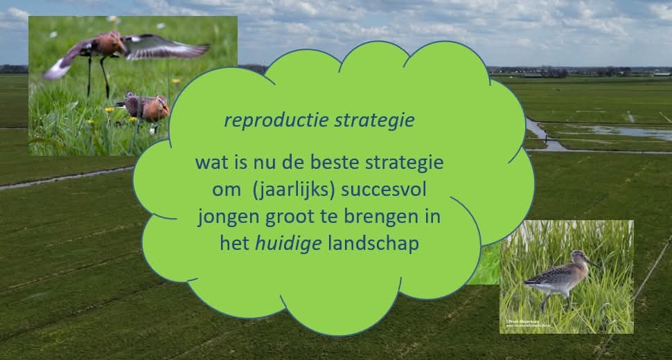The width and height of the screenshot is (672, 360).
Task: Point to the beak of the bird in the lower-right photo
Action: (592, 262)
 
